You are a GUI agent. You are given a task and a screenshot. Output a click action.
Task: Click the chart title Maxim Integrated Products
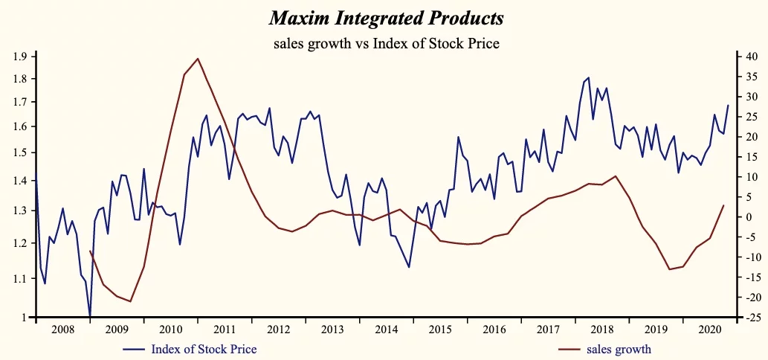385,17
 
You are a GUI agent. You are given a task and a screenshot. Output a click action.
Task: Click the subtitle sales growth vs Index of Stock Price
386,43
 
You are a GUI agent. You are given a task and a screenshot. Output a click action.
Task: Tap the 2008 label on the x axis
62,329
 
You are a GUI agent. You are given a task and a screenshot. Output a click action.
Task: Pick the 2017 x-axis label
547,329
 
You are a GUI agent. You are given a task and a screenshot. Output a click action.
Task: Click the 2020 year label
709,329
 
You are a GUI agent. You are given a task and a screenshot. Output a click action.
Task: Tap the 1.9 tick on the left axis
19,57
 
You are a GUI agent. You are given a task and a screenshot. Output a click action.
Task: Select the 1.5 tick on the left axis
19,152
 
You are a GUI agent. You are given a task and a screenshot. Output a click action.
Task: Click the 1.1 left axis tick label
19,279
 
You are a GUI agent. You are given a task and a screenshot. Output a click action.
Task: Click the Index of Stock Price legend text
204,349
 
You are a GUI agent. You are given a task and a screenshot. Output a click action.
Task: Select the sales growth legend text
619,349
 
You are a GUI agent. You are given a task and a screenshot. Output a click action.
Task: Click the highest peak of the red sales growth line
197,59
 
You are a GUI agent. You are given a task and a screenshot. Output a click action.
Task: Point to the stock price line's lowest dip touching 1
90,317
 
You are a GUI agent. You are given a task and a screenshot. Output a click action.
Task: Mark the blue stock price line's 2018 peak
589,77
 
